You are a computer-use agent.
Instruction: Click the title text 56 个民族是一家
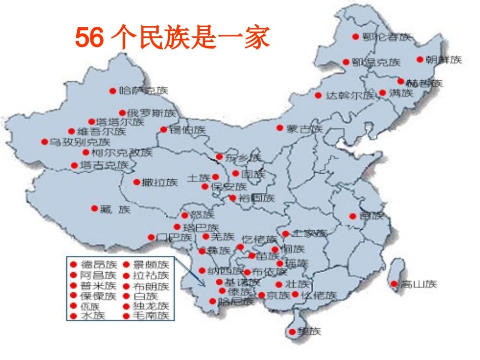pos(172,38)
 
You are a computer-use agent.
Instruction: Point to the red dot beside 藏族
pos(94,208)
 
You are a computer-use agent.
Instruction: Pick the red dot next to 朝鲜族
pos(419,59)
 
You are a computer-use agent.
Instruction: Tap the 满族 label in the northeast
pos(401,93)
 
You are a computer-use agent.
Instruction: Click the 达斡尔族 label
pos(350,95)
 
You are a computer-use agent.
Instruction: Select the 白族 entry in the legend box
pos(146,296)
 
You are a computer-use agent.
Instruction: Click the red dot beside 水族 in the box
pos(74,316)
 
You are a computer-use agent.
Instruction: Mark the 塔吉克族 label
pos(105,165)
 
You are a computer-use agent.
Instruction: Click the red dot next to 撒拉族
pos(136,182)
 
